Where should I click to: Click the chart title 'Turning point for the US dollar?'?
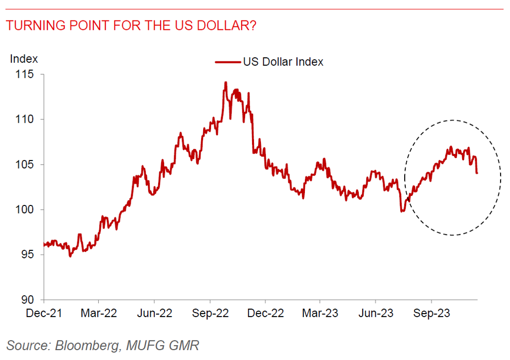pos(131,25)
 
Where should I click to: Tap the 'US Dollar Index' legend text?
pos(283,62)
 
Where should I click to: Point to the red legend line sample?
pos(228,62)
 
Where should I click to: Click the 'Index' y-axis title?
pos(24,59)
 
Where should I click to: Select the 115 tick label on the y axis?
pos(25,74)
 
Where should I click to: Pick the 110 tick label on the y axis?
pos(25,119)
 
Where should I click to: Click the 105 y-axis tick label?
pos(25,165)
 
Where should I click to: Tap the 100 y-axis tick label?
pos(25,209)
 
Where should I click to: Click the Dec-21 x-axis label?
pos(44,313)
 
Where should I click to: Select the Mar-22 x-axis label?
pos(99,313)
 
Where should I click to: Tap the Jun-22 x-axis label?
pos(154,313)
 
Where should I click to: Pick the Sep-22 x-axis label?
pos(210,313)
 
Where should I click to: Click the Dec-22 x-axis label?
pos(265,313)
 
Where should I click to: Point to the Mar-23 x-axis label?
pos(320,313)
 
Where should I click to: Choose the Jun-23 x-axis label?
pos(376,313)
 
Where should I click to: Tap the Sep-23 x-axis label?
pos(431,313)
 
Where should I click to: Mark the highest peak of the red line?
pos(226,83)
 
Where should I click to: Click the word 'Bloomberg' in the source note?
pos(88,345)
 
